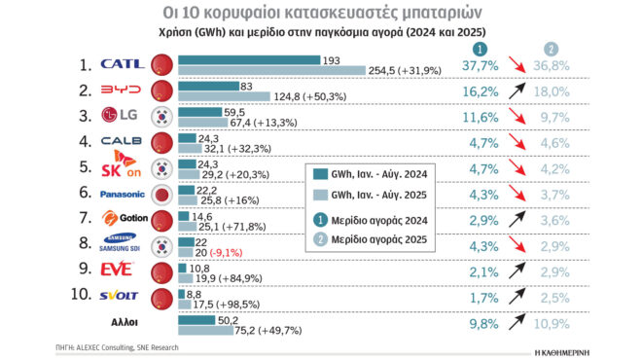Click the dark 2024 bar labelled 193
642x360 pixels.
click(x=249, y=59)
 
